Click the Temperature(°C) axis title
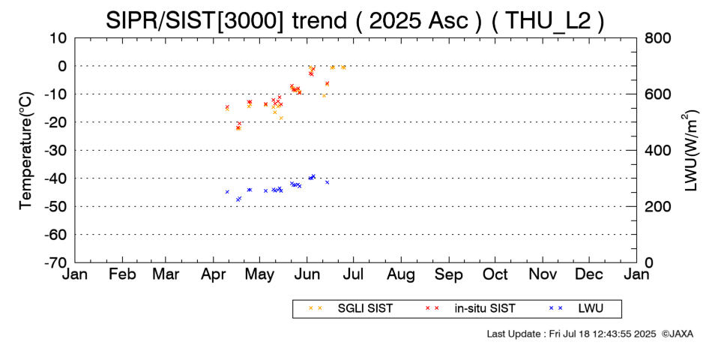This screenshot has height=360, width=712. (26, 151)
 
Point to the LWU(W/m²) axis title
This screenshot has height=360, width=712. (690, 150)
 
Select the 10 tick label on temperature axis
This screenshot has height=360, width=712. (58, 37)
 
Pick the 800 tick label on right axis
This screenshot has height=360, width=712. (657, 37)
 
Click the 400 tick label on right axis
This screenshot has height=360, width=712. (657, 150)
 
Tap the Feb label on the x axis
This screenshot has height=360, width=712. (123, 274)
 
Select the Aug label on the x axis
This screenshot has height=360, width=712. (401, 274)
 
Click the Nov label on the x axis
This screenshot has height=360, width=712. (543, 274)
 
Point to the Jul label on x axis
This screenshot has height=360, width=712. (353, 274)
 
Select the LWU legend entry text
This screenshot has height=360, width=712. (591, 309)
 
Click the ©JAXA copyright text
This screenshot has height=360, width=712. (678, 334)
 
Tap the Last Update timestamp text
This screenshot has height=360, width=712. (571, 334)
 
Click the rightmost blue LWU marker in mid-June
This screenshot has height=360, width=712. (327, 182)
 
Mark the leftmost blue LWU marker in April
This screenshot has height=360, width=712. (227, 192)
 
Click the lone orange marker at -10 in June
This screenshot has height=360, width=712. (325, 95)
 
